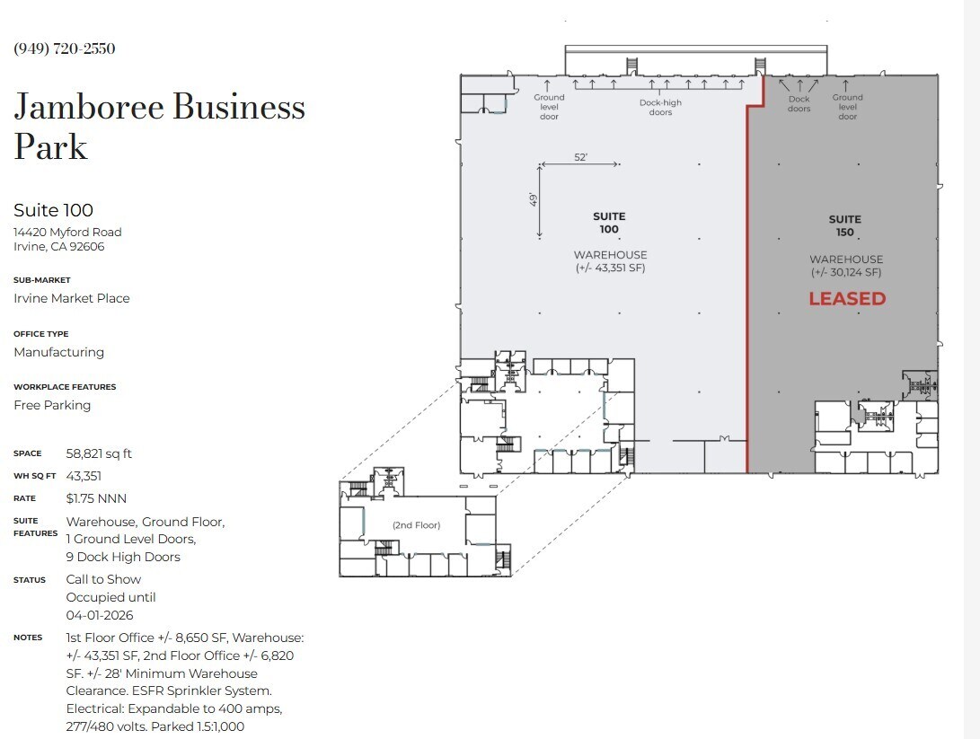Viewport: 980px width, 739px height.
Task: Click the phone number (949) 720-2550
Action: (65, 48)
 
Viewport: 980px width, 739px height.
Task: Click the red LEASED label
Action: (847, 299)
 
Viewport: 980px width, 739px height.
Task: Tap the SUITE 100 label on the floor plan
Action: (609, 223)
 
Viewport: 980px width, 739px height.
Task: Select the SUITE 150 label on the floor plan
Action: (844, 225)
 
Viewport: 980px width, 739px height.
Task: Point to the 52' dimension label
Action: (581, 157)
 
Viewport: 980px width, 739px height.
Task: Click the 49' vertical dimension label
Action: (533, 199)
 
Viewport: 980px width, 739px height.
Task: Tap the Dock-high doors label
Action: (660, 107)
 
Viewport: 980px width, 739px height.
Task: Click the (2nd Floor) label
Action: (416, 525)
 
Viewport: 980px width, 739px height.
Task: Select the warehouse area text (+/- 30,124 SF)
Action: (846, 272)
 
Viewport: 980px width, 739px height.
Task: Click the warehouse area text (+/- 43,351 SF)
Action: (610, 268)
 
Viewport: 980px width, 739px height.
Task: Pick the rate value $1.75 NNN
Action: (96, 498)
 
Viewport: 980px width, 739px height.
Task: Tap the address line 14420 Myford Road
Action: (67, 232)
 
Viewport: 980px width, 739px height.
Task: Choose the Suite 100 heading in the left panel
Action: (53, 210)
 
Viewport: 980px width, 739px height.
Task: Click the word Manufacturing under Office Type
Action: (58, 352)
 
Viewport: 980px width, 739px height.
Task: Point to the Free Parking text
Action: (52, 405)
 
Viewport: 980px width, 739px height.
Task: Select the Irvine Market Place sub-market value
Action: (71, 298)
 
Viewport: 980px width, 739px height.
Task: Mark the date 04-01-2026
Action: (100, 615)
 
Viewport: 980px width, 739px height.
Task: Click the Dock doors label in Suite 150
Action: (799, 103)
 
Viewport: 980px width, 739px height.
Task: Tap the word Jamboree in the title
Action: (88, 107)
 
